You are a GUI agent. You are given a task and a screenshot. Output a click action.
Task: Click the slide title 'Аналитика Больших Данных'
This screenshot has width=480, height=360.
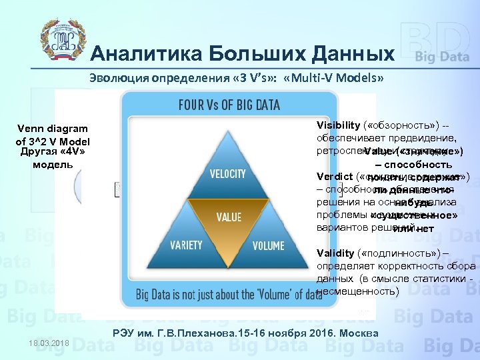coord(242,53)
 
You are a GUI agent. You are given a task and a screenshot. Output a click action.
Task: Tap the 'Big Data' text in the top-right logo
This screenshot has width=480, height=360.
coord(442,56)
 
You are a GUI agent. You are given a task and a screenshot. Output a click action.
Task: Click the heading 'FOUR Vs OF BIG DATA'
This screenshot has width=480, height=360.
coord(229,105)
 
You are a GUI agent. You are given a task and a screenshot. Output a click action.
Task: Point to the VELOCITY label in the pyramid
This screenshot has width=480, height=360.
coord(228,173)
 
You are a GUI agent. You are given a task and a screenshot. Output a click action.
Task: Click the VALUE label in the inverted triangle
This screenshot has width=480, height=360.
coord(229,217)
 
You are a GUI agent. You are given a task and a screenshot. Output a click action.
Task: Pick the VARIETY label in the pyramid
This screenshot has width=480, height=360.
coord(186,245)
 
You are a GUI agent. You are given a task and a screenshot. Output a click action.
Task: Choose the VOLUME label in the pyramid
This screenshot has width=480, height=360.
coord(268,245)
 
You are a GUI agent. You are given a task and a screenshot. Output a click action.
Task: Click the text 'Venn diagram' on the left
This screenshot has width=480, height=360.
coord(53,128)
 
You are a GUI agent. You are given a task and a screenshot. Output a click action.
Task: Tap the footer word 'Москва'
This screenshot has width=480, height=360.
coord(361,333)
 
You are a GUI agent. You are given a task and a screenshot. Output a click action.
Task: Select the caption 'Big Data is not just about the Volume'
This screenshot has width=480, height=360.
coord(229,294)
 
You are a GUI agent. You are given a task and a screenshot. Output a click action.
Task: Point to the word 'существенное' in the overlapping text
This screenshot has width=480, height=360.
coord(417,215)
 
